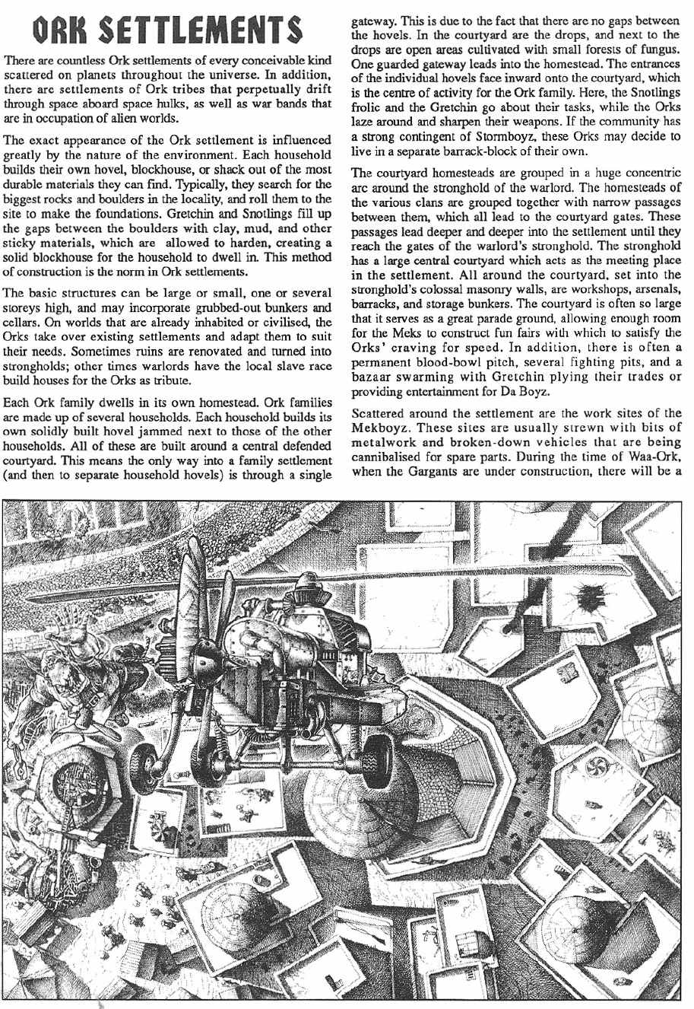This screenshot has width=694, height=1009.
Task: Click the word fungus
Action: click(x=657, y=49)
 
